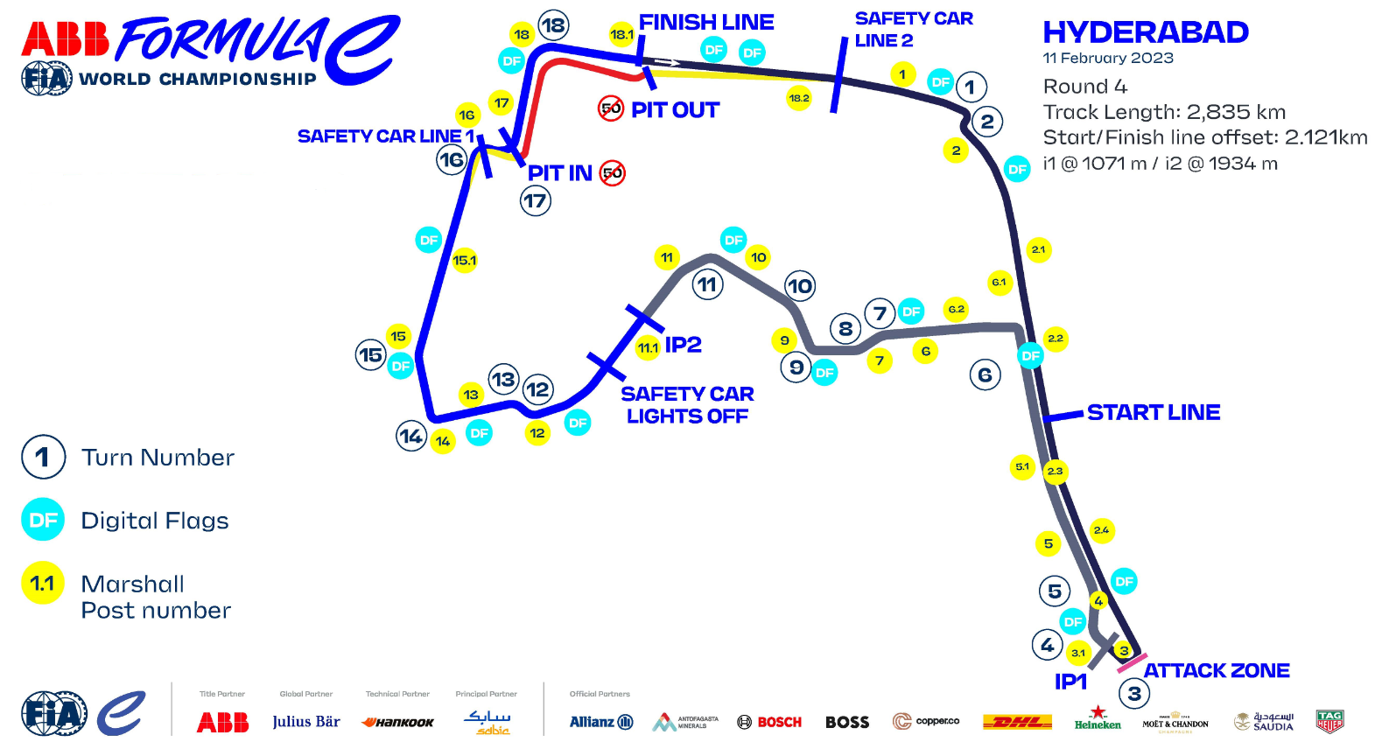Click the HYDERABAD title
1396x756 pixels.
coord(1145,32)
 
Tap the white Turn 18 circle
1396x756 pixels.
coord(553,25)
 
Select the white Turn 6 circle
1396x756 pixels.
coord(985,374)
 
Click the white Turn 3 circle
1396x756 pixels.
coord(1134,694)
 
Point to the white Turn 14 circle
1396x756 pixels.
coord(411,436)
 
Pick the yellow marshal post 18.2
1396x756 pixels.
coord(799,98)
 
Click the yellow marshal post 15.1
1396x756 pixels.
coord(465,260)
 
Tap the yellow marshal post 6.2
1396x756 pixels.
coord(956,309)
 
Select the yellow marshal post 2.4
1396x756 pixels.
coord(1101,530)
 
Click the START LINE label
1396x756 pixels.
coord(1153,412)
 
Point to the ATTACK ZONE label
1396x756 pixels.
coord(1216,671)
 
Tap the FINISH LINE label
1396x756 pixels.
coord(705,22)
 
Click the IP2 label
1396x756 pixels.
coord(683,345)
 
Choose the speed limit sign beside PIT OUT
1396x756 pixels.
coord(611,109)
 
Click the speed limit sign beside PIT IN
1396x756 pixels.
coord(613,173)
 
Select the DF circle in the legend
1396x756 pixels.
coord(43,521)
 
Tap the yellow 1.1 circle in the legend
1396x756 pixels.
coord(43,584)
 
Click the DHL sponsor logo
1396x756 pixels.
coord(1017,722)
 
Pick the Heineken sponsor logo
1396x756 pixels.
coord(1098,719)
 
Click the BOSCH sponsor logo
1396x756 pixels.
coord(769,722)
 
